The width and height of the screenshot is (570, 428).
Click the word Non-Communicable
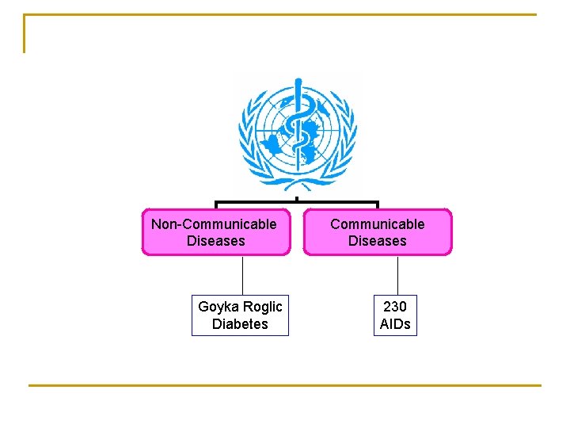[x=214, y=224]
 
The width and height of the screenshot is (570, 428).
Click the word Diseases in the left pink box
[x=215, y=241]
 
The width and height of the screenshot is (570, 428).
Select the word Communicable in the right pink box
[x=377, y=224]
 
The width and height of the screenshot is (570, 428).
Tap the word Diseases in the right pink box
[x=377, y=241]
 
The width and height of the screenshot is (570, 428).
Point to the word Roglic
[x=262, y=307]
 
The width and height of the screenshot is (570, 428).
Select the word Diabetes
[x=240, y=324]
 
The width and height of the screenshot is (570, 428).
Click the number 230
[x=394, y=307]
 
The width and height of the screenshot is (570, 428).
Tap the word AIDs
[x=395, y=324]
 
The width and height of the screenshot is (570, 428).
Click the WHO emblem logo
[x=297, y=131]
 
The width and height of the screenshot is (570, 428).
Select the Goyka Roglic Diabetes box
[x=240, y=315]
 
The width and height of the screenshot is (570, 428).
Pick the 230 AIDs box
[x=395, y=315]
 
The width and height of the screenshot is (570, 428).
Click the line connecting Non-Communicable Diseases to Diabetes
[x=242, y=275]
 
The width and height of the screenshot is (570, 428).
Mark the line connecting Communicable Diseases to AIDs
[x=397, y=275]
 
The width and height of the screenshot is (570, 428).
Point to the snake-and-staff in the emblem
[x=298, y=123]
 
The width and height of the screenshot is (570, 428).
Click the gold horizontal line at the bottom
[x=285, y=386]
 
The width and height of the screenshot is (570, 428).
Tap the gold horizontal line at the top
[x=285, y=14]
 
